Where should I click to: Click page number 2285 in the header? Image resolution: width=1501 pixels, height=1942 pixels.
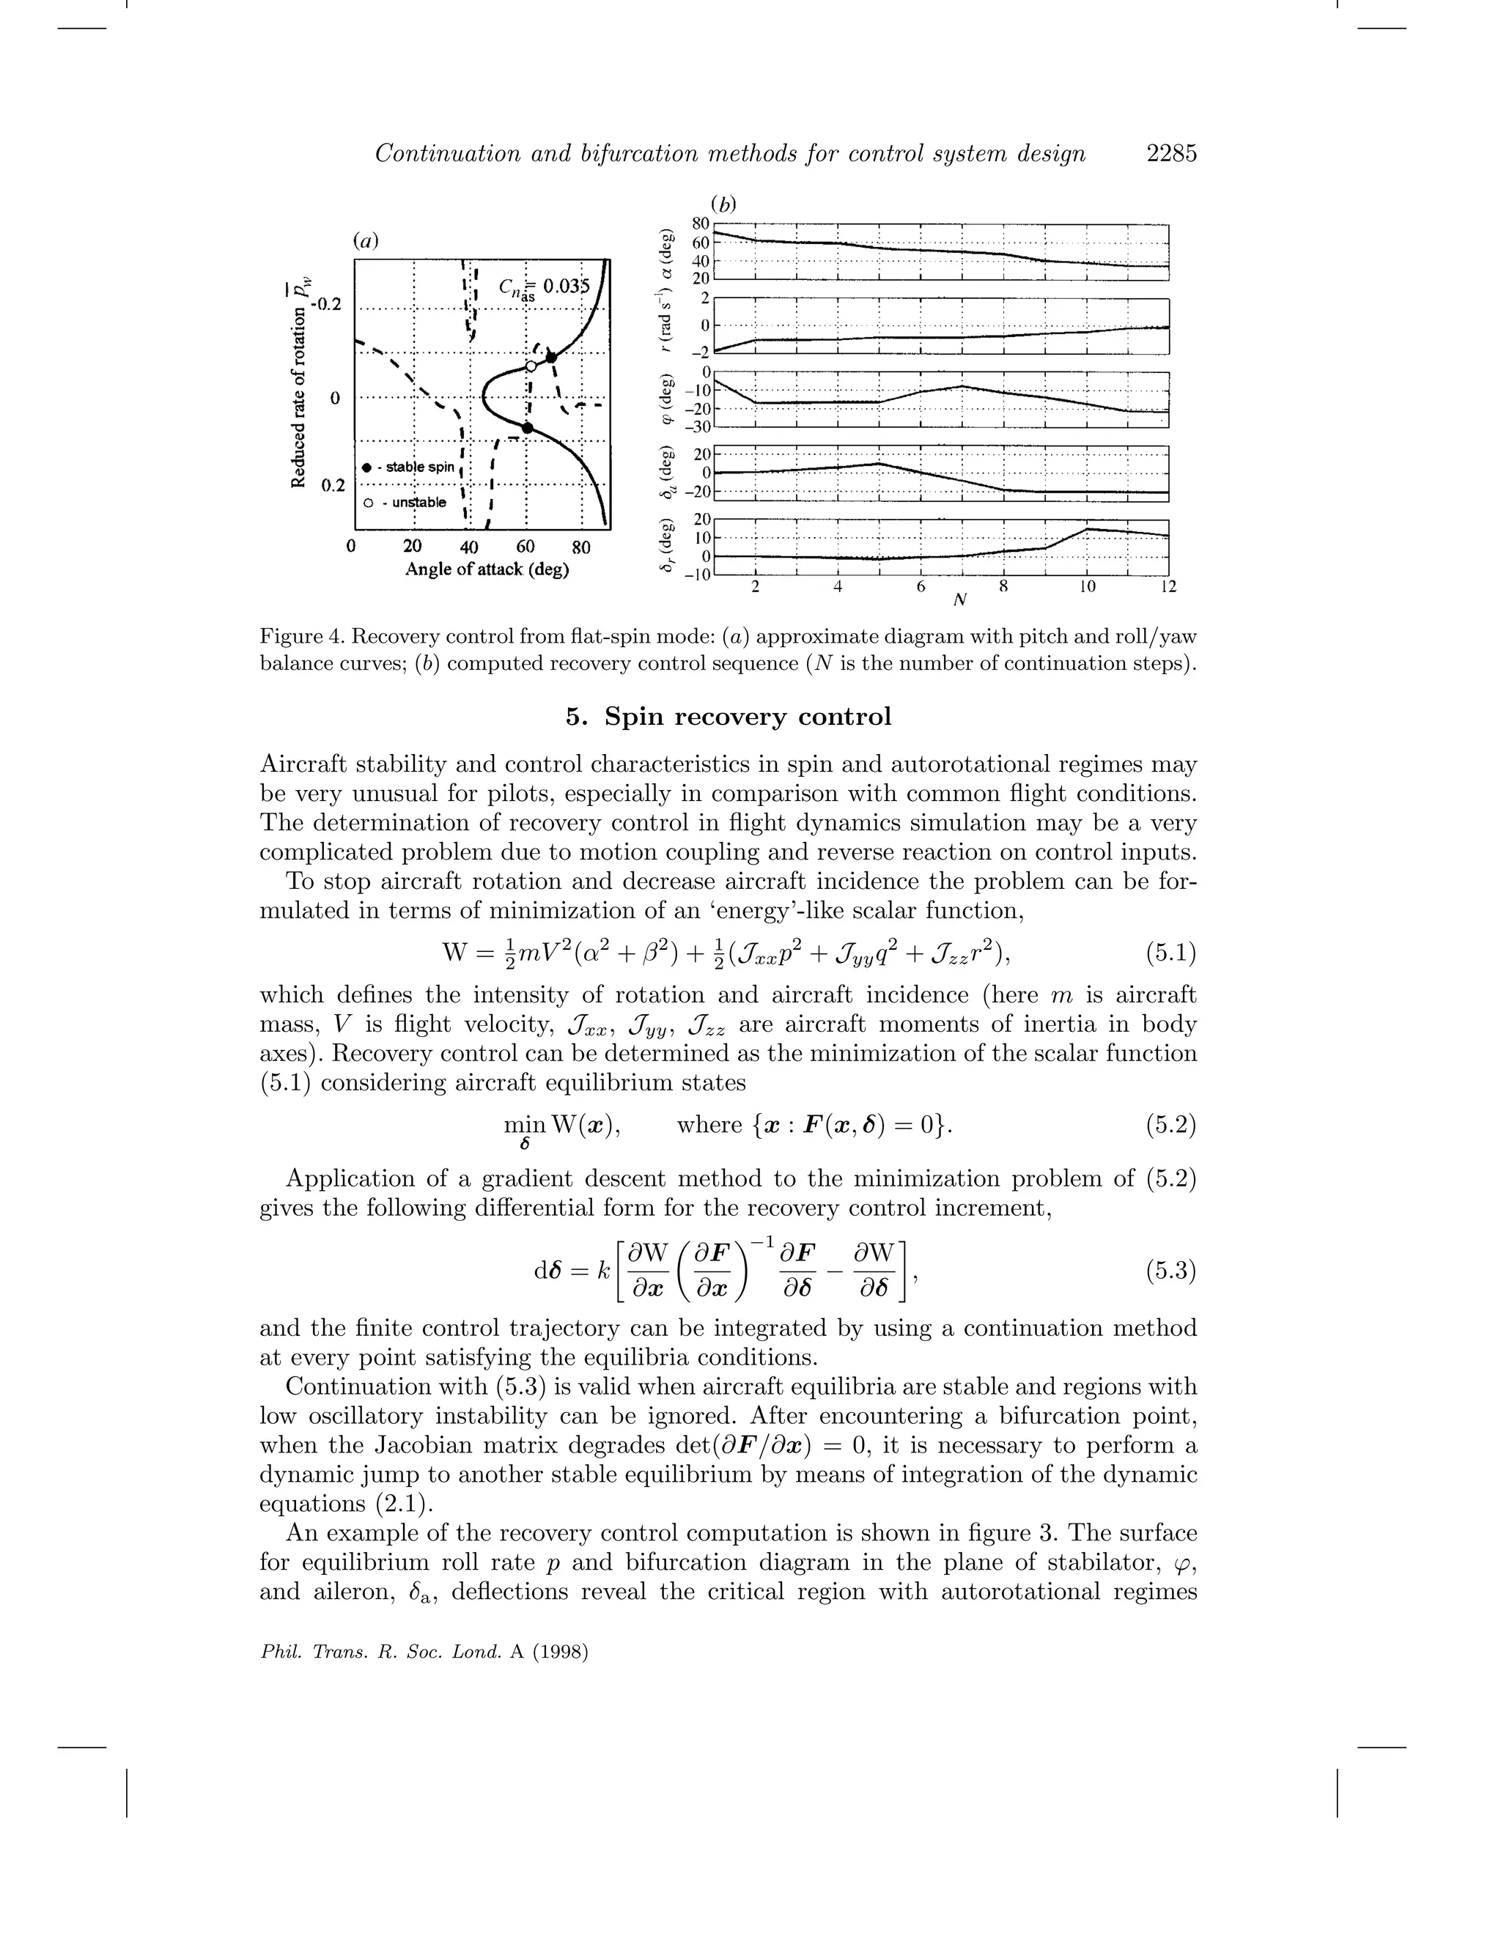1171,154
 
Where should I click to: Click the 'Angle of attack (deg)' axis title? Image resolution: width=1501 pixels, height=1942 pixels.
487,570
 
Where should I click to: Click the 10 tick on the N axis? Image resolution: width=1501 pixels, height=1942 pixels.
1087,587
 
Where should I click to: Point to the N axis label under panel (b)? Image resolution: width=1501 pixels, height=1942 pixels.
959,600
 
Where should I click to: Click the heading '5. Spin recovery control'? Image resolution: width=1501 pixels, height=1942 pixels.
729,717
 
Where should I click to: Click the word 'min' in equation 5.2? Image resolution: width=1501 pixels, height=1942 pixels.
525,1125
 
